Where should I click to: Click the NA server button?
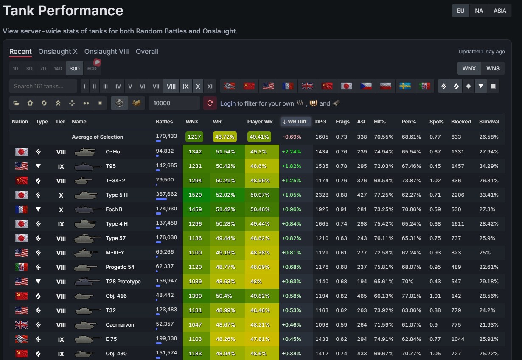coord(479,11)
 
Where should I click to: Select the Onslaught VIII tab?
coord(107,51)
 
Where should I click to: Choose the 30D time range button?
coord(75,68)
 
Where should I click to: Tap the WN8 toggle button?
coord(493,68)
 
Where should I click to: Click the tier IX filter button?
coord(185,87)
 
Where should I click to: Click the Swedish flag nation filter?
coord(405,87)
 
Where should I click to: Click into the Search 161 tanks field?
coord(43,87)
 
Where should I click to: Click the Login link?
coord(227,103)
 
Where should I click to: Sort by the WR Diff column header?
coord(295,122)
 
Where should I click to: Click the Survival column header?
coord(489,122)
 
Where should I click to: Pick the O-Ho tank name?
coord(113,152)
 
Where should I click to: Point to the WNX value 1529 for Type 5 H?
coord(195,195)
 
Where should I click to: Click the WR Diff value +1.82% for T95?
coord(291,166)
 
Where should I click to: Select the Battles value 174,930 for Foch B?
coord(166,209)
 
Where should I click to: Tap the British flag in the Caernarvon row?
coord(22,325)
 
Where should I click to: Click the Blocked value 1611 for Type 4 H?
coord(457,224)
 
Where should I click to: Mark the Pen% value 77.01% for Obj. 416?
coord(411,296)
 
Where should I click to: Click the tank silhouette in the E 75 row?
coord(87,339)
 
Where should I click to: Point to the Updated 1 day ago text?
coord(482,52)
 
